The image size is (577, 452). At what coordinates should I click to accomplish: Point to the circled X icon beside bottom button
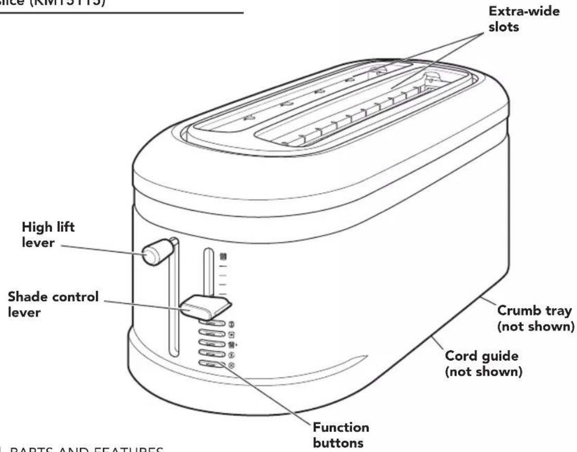232,366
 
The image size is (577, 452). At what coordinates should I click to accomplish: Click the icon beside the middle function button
232,344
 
